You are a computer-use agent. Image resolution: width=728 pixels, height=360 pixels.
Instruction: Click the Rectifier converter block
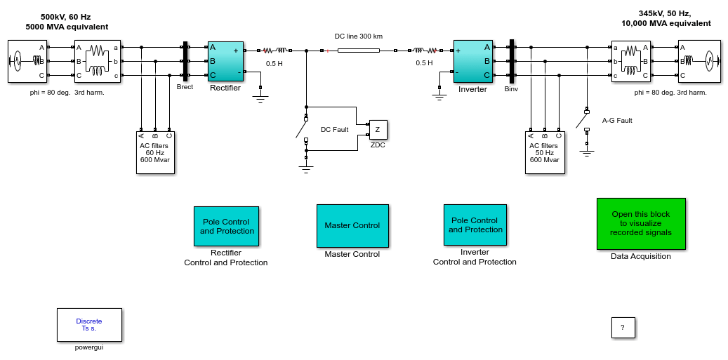[225, 61]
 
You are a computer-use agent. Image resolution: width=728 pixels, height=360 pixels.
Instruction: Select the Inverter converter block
[473, 61]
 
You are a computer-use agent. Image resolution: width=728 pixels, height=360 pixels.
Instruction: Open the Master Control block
[352, 226]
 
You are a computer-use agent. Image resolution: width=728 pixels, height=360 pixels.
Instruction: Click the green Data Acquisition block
[641, 224]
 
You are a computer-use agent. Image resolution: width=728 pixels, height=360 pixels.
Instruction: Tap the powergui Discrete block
[89, 325]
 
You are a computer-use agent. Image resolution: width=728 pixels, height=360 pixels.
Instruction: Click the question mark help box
[623, 328]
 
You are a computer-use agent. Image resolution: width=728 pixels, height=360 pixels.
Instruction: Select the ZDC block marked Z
[378, 130]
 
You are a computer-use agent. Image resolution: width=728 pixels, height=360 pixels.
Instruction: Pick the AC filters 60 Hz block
[155, 152]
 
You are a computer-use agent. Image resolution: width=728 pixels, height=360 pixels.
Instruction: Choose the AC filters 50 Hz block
[545, 152]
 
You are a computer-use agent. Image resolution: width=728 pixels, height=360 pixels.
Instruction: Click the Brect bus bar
[185, 62]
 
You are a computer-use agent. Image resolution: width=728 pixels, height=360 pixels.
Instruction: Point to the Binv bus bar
[512, 61]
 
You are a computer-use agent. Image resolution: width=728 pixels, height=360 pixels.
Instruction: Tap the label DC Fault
[335, 129]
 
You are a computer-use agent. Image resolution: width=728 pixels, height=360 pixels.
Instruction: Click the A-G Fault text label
[617, 121]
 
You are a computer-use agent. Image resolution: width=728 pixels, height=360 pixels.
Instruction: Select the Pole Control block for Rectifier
[226, 227]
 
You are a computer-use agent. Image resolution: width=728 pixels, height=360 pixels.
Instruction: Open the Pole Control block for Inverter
[475, 225]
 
